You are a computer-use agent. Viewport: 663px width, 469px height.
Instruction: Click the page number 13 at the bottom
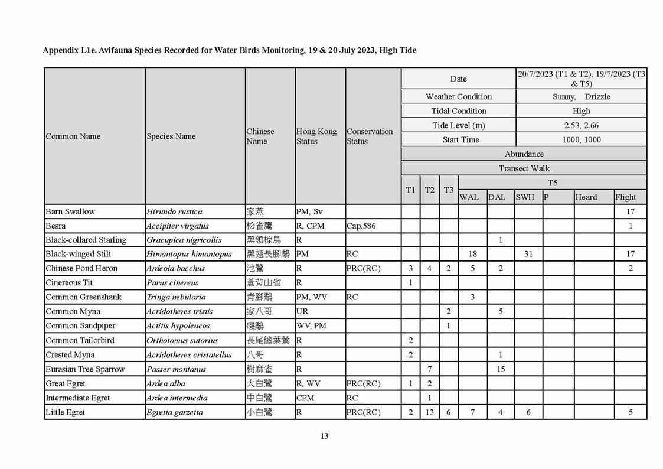[324, 437]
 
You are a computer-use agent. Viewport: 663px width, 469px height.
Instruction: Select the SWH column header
[525, 197]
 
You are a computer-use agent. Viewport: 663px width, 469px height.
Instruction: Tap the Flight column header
[626, 197]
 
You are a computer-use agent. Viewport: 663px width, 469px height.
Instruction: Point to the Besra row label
[56, 226]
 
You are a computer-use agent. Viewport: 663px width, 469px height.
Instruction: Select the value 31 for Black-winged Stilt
[528, 254]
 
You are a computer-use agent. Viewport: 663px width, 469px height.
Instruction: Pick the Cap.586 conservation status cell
[361, 226]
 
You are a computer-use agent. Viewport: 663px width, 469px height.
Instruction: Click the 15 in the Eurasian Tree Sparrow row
[501, 369]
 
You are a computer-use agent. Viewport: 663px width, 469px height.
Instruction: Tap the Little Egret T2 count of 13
[429, 412]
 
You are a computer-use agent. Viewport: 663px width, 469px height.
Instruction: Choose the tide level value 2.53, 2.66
[581, 125]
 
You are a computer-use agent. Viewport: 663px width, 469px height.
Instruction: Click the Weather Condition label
[459, 97]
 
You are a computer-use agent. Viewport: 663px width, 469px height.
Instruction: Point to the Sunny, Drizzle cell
[581, 97]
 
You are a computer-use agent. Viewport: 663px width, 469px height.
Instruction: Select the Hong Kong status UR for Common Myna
[302, 311]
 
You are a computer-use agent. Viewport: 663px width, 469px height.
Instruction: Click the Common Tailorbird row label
[80, 340]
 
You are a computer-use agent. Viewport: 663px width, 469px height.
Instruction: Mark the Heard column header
[586, 197]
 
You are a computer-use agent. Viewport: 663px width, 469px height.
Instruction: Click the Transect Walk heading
[524, 168]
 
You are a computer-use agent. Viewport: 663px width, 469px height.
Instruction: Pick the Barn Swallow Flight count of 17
[631, 211]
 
